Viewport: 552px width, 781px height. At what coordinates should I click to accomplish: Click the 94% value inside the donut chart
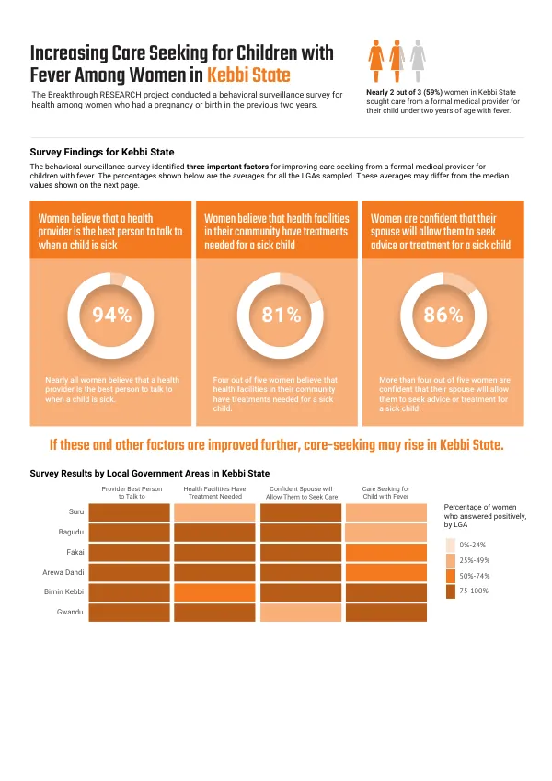[112, 315]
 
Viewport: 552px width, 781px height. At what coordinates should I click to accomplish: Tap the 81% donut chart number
[282, 315]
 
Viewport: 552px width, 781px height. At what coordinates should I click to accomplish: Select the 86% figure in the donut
[443, 315]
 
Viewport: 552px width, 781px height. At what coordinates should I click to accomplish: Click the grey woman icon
[418, 61]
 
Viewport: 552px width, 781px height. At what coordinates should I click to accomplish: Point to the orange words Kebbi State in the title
[248, 75]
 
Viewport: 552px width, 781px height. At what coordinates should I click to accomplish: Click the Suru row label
[76, 511]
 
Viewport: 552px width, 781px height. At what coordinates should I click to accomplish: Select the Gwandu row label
[70, 612]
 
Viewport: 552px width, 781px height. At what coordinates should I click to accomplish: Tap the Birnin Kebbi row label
[63, 591]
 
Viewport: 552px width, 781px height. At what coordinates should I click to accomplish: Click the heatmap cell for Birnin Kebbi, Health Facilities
[214, 592]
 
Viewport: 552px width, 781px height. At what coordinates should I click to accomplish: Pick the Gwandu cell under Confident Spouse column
[301, 613]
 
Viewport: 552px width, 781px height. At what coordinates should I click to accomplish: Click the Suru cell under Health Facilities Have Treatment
[214, 512]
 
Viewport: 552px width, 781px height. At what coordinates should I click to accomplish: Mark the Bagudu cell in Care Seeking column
[386, 533]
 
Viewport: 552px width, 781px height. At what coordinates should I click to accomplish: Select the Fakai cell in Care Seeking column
[386, 552]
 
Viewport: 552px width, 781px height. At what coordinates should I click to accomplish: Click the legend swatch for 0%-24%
[451, 545]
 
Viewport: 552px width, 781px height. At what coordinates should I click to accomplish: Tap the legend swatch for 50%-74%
[451, 576]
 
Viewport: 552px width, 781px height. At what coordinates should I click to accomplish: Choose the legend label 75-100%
[474, 591]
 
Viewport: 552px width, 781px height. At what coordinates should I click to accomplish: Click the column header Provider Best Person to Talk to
[132, 492]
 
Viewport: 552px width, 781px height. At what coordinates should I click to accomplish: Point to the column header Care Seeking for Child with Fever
[386, 492]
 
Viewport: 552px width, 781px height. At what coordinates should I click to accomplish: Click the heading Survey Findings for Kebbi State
[102, 152]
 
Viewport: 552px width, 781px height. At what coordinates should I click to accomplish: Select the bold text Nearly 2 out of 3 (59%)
[405, 92]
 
